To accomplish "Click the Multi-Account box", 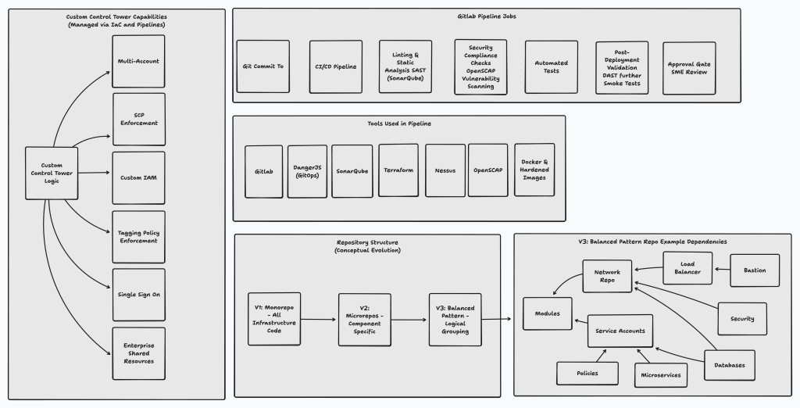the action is (x=138, y=61).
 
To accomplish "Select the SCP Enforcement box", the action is (x=139, y=119).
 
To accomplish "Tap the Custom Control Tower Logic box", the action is (x=52, y=173).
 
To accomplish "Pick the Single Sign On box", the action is (x=139, y=295).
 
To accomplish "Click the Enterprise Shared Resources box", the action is (x=139, y=353).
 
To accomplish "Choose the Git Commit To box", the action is (x=262, y=66).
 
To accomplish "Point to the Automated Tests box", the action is (x=551, y=67).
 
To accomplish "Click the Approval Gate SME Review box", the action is (x=689, y=68).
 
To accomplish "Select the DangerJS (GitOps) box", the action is (x=307, y=172).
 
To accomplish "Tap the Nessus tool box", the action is (x=445, y=170).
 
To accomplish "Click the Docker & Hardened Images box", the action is (x=534, y=170).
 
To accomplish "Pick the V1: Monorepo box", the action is (x=274, y=319).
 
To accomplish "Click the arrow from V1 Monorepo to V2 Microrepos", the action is (x=319, y=320).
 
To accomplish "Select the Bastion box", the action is (x=755, y=270).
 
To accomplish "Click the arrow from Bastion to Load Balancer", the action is (x=722, y=269).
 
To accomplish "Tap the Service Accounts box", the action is (x=620, y=331).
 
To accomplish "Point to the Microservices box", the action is (x=661, y=375).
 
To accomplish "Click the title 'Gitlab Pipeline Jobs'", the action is (x=487, y=16).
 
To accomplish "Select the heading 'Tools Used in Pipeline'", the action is (x=399, y=123).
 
